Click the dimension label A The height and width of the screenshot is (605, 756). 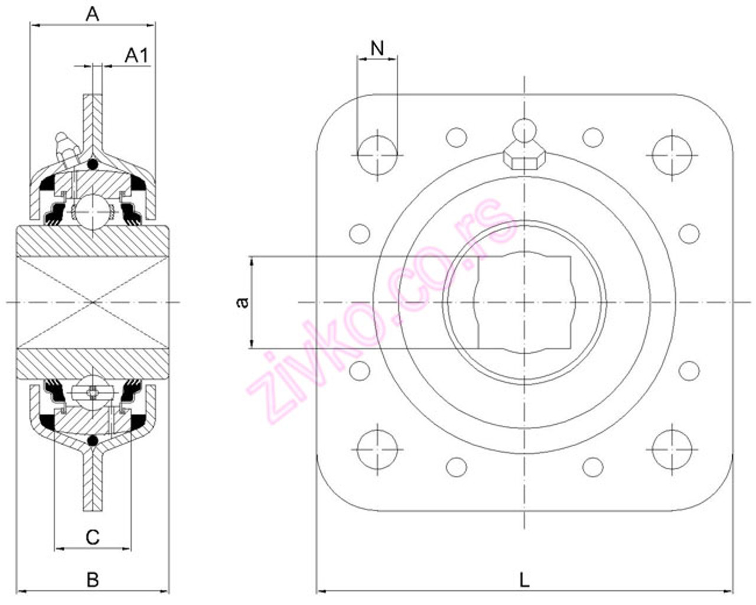click(x=92, y=14)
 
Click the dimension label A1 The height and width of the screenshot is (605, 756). click(x=136, y=56)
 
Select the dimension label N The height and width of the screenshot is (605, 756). click(x=377, y=48)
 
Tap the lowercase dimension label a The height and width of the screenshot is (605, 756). click(x=242, y=302)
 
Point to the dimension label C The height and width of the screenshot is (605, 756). click(x=93, y=537)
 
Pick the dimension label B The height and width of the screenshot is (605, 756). click(x=93, y=580)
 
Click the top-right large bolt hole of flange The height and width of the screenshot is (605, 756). click(x=672, y=155)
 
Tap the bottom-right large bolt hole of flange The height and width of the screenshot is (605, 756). click(x=672, y=449)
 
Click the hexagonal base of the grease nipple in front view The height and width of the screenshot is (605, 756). click(x=524, y=159)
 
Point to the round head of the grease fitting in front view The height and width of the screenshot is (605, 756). click(x=524, y=131)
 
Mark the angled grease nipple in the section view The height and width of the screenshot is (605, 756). click(x=66, y=148)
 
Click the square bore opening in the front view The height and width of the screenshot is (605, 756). click(x=524, y=302)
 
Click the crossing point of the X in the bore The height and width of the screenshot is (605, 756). click(x=93, y=302)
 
